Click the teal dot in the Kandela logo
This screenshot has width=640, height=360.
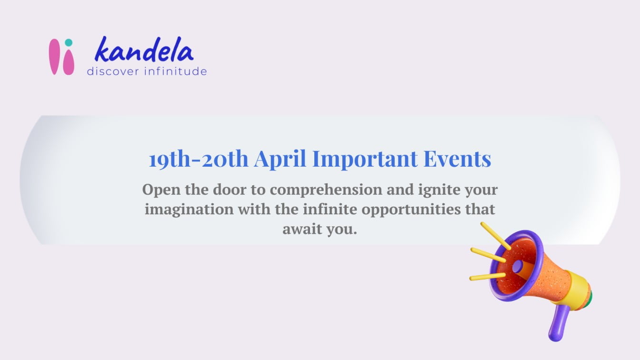[x=69, y=43]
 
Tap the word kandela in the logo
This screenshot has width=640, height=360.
[x=144, y=50]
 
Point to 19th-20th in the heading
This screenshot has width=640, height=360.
[x=198, y=159]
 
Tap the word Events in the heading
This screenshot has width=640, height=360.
[x=457, y=159]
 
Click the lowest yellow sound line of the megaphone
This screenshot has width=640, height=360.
[x=487, y=276]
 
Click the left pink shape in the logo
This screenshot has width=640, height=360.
[x=55, y=57]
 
